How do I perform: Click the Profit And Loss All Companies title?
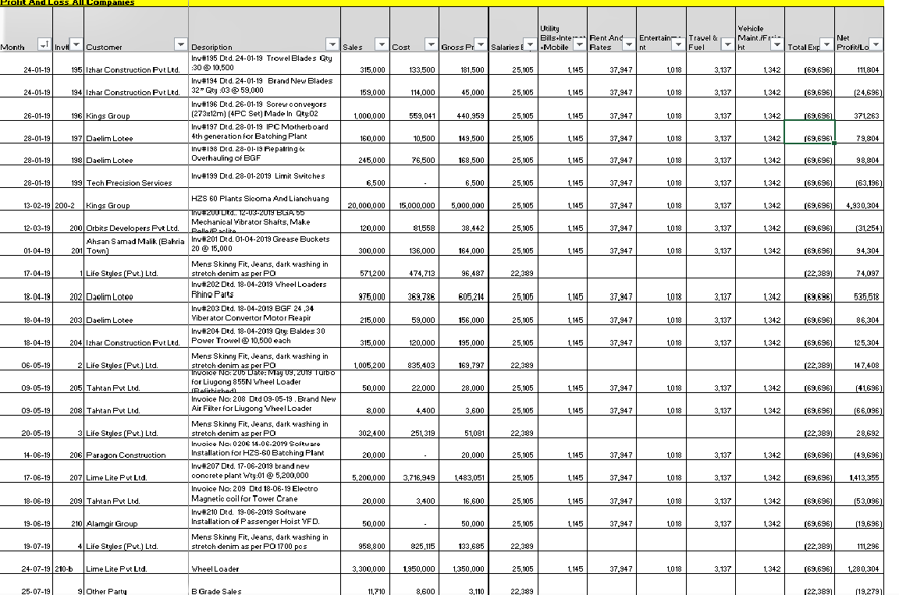pyautogui.click(x=67, y=3)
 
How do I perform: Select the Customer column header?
pyautogui.click(x=104, y=48)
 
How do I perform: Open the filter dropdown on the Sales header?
pyautogui.click(x=379, y=44)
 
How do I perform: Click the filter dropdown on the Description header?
pyautogui.click(x=332, y=44)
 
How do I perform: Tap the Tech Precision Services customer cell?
pyautogui.click(x=129, y=183)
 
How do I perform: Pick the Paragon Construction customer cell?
pyautogui.click(x=126, y=455)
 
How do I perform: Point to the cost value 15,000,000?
pyautogui.click(x=415, y=206)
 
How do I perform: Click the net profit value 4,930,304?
pyautogui.click(x=862, y=206)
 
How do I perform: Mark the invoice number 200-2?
pyautogui.click(x=65, y=206)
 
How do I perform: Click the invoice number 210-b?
pyautogui.click(x=65, y=569)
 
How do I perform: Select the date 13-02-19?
pyautogui.click(x=37, y=206)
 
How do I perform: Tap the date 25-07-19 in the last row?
pyautogui.click(x=37, y=592)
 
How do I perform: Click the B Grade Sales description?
pyautogui.click(x=216, y=592)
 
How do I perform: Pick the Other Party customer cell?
pyautogui.click(x=108, y=592)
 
